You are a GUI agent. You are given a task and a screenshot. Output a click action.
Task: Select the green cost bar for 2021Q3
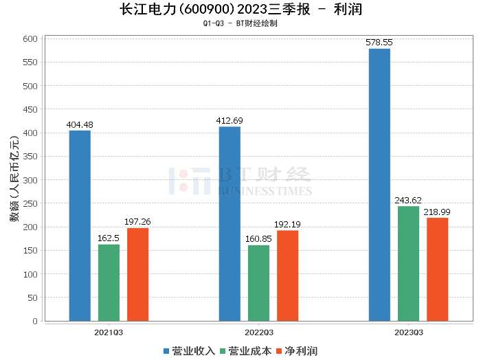(x=109, y=282)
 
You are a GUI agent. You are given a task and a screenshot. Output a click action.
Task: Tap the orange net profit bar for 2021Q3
(x=137, y=274)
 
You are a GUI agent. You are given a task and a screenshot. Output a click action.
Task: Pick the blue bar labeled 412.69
(x=230, y=223)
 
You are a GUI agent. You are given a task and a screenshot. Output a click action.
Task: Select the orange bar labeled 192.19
(x=287, y=275)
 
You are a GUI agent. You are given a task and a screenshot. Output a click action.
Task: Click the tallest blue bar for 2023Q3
(x=379, y=185)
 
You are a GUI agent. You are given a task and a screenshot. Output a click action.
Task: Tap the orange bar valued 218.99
(x=437, y=269)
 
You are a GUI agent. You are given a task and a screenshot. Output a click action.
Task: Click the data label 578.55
(x=379, y=43)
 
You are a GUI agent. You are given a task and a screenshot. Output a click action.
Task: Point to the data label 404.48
(x=80, y=124)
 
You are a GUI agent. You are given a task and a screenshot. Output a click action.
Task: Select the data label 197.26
(x=137, y=222)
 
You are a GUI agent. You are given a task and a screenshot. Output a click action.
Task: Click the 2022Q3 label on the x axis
(x=258, y=332)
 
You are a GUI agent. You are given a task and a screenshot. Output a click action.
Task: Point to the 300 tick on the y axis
(x=31, y=180)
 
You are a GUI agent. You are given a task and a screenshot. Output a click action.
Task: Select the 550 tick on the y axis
(x=31, y=63)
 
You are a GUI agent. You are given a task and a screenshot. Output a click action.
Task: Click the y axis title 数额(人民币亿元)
(x=14, y=180)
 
